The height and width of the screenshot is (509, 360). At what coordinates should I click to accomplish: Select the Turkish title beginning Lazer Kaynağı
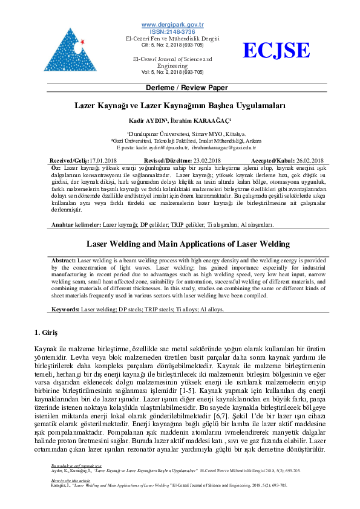coord(180,105)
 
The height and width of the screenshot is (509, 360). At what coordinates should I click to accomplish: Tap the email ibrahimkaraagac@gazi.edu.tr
coord(224,148)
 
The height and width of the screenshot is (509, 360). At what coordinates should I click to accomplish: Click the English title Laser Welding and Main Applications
coord(180,245)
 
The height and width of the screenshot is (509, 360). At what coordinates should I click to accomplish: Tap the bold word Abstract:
coord(64,259)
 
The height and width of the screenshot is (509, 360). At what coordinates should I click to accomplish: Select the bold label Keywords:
coord(65,308)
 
